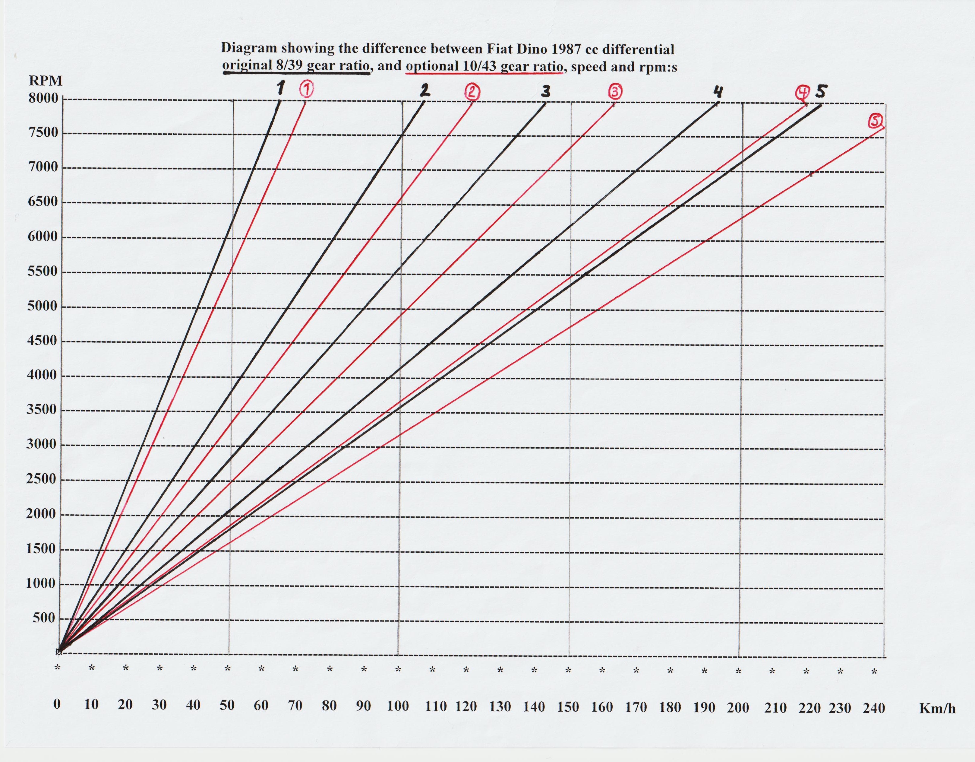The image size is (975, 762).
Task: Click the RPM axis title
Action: coord(46,81)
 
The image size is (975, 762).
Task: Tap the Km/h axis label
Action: coord(937,708)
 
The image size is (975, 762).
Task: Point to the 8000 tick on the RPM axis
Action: coord(43,98)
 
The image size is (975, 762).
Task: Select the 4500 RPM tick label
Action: coord(43,340)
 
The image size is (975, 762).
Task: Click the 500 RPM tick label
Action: coord(44,618)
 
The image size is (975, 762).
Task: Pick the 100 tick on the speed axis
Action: coord(398,706)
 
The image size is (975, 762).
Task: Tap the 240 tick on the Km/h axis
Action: coord(874,708)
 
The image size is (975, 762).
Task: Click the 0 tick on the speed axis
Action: coord(57,704)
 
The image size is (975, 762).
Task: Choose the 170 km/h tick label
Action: coord(636,707)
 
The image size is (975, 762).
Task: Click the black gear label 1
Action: coord(280,88)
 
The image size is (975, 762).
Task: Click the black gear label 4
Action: coord(718,92)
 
